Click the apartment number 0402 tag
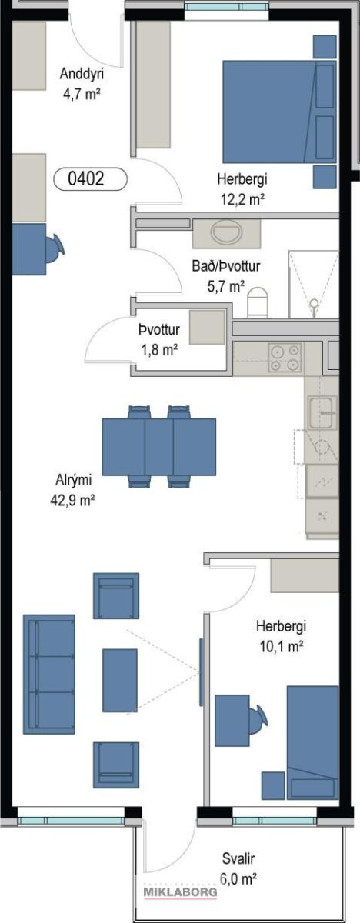[90, 179]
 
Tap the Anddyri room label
[82, 74]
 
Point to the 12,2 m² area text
[242, 200]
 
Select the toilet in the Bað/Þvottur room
[258, 302]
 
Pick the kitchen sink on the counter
[322, 412]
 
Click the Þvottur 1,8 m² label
[159, 340]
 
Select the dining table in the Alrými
[159, 447]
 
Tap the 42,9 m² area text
[73, 501]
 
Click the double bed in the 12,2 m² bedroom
[280, 112]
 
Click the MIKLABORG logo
[180, 891]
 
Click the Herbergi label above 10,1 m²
[282, 627]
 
